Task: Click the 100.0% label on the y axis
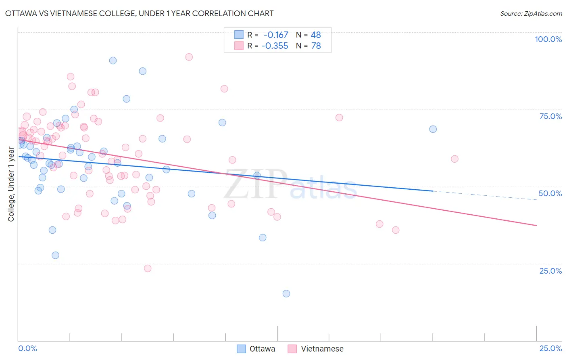click(x=548, y=39)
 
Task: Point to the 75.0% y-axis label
click(x=550, y=116)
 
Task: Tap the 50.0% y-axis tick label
click(x=550, y=193)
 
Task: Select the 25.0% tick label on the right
click(x=550, y=270)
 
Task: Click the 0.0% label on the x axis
click(x=27, y=348)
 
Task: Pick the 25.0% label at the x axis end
click(x=550, y=348)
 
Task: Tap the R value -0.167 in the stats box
click(x=276, y=35)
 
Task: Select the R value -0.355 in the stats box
click(x=275, y=46)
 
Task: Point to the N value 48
click(x=316, y=35)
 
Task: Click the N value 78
click(x=316, y=46)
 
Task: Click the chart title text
click(x=139, y=13)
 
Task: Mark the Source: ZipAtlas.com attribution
click(x=531, y=14)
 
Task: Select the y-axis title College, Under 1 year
click(x=11, y=184)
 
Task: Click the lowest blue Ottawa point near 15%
click(x=286, y=293)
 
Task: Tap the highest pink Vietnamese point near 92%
click(x=189, y=57)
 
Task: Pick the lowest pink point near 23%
click(x=148, y=268)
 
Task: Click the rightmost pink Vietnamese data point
click(x=454, y=159)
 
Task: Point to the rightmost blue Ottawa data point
click(x=433, y=129)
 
